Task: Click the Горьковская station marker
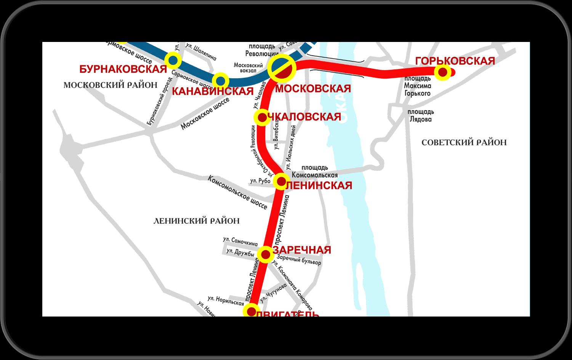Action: click(442, 72)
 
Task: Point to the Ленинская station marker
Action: click(281, 181)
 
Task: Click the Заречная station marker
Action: click(266, 254)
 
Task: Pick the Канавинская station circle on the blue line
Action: click(220, 81)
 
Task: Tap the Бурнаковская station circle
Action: click(173, 60)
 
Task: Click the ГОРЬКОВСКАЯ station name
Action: click(455, 61)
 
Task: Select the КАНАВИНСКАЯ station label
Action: click(213, 92)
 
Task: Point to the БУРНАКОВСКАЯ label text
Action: click(123, 69)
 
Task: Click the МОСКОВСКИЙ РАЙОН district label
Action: click(111, 85)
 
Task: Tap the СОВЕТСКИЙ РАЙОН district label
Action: click(464, 143)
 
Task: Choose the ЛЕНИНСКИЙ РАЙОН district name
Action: click(196, 221)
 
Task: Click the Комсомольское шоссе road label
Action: click(237, 192)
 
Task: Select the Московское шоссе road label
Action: click(205, 113)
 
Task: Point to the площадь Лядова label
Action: click(420, 116)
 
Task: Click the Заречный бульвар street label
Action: click(299, 260)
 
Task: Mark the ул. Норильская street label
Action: click(226, 301)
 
